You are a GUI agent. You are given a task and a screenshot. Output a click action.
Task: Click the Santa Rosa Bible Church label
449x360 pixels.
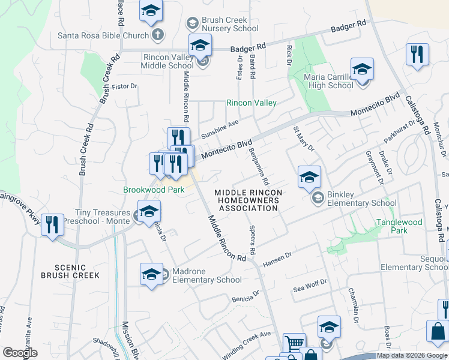[x=103, y=35]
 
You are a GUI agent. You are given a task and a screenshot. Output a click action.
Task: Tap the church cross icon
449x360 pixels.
[x=158, y=35]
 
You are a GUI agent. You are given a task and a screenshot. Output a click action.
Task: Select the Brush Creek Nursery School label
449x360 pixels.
[x=230, y=24]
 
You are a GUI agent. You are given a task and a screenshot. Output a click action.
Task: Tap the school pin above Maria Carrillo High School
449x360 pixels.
[x=363, y=69]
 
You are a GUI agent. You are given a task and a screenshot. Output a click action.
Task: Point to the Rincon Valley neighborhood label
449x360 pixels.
[x=251, y=103]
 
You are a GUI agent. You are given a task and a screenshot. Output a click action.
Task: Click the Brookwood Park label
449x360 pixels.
[x=154, y=190]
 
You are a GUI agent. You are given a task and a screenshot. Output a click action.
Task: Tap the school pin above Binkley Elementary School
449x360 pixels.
[x=309, y=176]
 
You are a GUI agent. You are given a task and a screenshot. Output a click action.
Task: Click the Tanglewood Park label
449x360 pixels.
[x=399, y=226]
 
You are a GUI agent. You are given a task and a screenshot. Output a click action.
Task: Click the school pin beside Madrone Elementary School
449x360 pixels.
[x=152, y=274]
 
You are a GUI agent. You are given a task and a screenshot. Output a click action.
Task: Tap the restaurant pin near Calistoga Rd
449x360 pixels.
[x=417, y=54]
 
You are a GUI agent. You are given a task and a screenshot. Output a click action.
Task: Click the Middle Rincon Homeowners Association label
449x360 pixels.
[x=248, y=200]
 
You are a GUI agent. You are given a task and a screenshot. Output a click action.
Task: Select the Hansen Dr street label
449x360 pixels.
[x=277, y=259]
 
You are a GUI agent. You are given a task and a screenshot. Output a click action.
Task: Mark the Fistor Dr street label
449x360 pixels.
[x=125, y=86]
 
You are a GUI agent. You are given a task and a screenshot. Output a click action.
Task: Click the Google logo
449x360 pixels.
[x=20, y=353]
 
